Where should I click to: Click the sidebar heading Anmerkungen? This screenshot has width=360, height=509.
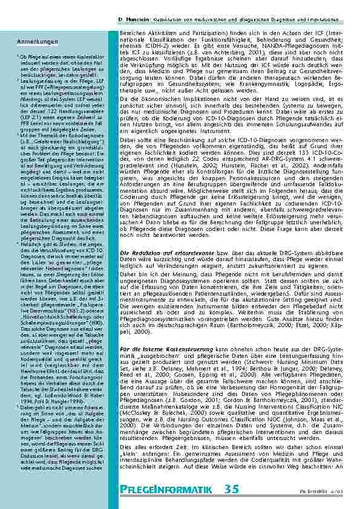pos(28,41)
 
